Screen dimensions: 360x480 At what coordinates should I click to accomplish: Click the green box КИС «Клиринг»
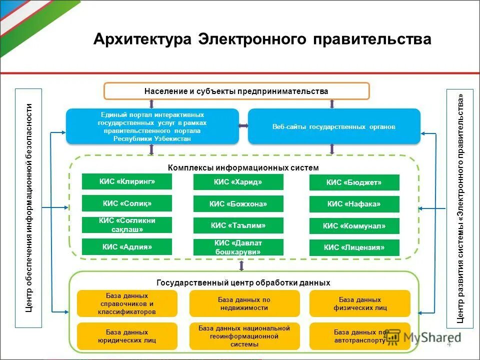(x=127, y=181)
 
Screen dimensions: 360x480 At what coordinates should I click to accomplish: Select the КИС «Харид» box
(x=238, y=182)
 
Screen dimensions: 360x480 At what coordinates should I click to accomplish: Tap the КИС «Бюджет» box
(x=354, y=182)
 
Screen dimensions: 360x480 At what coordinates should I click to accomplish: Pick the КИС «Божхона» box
(x=238, y=203)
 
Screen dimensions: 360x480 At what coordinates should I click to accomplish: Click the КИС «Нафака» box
(x=354, y=204)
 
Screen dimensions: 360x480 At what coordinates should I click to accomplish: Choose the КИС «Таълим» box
(x=238, y=225)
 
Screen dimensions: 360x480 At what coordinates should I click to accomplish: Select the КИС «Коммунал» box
(x=354, y=226)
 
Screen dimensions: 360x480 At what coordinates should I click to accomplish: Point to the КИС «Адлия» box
(x=127, y=246)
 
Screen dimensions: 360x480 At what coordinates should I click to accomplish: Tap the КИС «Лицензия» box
(x=354, y=247)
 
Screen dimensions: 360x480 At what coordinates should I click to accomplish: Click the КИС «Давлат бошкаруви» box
(x=238, y=247)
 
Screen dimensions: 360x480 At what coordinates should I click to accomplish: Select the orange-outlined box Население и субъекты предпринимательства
(x=236, y=91)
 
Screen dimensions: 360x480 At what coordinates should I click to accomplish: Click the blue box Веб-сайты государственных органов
(x=334, y=126)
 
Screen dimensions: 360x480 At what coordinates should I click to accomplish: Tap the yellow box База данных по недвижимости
(x=244, y=303)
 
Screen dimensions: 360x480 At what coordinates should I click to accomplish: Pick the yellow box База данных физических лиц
(x=359, y=303)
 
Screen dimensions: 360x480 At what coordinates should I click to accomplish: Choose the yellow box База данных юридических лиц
(x=127, y=336)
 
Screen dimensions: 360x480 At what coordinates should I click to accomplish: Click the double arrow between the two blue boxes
(x=243, y=126)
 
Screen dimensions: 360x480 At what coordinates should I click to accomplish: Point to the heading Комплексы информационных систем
(x=243, y=168)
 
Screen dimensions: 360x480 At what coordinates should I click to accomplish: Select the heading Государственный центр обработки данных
(x=243, y=282)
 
